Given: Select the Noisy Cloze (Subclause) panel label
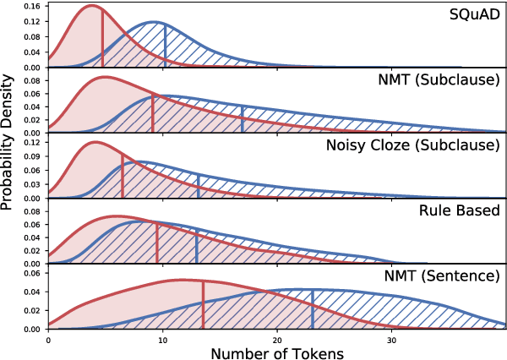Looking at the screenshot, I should tap(412, 145).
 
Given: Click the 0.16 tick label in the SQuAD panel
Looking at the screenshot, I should tap(30, 6).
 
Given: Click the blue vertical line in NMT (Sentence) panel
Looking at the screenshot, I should tap(313, 309).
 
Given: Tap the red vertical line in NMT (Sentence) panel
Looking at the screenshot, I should tap(203, 304).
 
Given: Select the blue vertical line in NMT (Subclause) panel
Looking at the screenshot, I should tap(243, 119).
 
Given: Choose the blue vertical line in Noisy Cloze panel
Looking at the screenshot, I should tap(198, 187).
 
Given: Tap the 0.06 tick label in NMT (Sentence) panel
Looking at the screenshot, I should tap(30, 273).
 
